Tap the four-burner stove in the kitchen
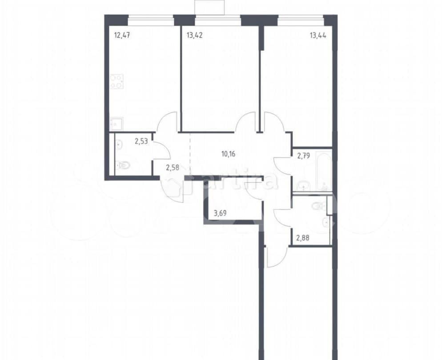click(x=117, y=81)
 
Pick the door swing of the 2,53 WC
click(x=162, y=149)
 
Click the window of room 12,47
click(x=151, y=20)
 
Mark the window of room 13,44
click(x=301, y=20)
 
